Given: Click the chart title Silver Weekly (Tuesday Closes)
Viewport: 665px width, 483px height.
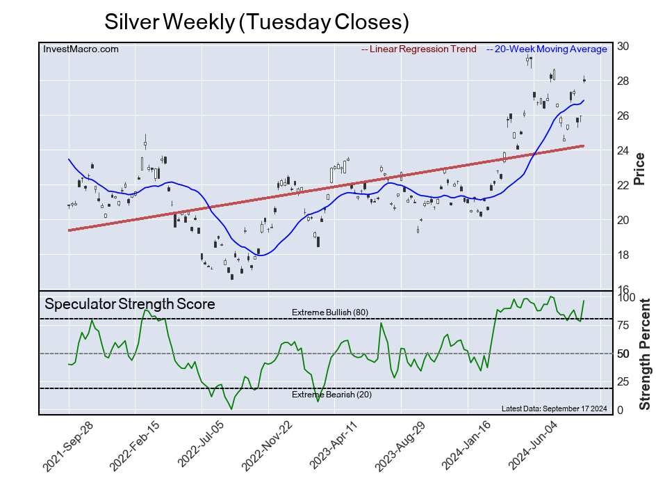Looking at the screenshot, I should click(256, 22).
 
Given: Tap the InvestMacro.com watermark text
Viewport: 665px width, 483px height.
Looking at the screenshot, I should click(81, 49).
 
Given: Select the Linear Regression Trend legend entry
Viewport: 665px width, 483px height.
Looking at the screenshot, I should click(419, 49).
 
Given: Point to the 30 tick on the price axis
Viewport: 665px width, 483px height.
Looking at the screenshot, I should click(624, 47).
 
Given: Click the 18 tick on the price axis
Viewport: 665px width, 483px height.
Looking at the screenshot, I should click(624, 255).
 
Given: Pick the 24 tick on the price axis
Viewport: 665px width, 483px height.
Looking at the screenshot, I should click(624, 150).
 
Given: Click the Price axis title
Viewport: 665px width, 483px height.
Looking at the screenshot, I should click(641, 168).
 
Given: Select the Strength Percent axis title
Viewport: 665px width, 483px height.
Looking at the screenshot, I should click(644, 354).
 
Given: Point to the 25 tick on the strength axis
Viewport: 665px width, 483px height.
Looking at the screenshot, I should click(624, 382).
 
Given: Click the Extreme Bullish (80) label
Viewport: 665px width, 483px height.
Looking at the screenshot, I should click(329, 312).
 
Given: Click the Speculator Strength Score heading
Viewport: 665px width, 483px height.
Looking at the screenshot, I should click(130, 304).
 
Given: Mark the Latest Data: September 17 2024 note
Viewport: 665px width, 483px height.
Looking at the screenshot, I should click(554, 409).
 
